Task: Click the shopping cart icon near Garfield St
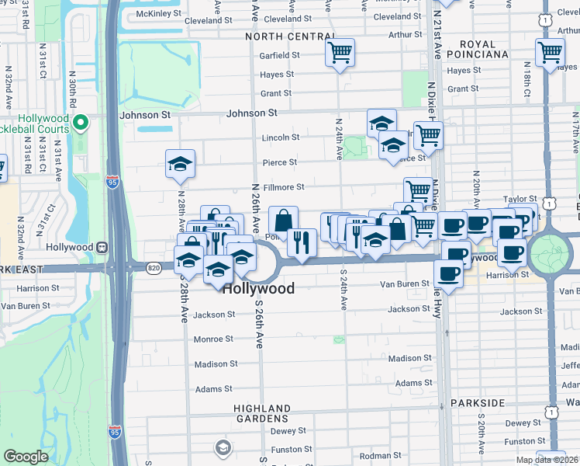point(340,54)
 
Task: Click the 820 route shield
point(153,267)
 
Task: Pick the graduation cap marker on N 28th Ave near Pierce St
point(180,164)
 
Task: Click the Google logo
point(26,457)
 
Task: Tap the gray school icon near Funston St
point(223,447)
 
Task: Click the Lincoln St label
point(280,137)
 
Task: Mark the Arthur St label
point(405,34)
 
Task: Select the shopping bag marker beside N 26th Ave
point(283,220)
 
